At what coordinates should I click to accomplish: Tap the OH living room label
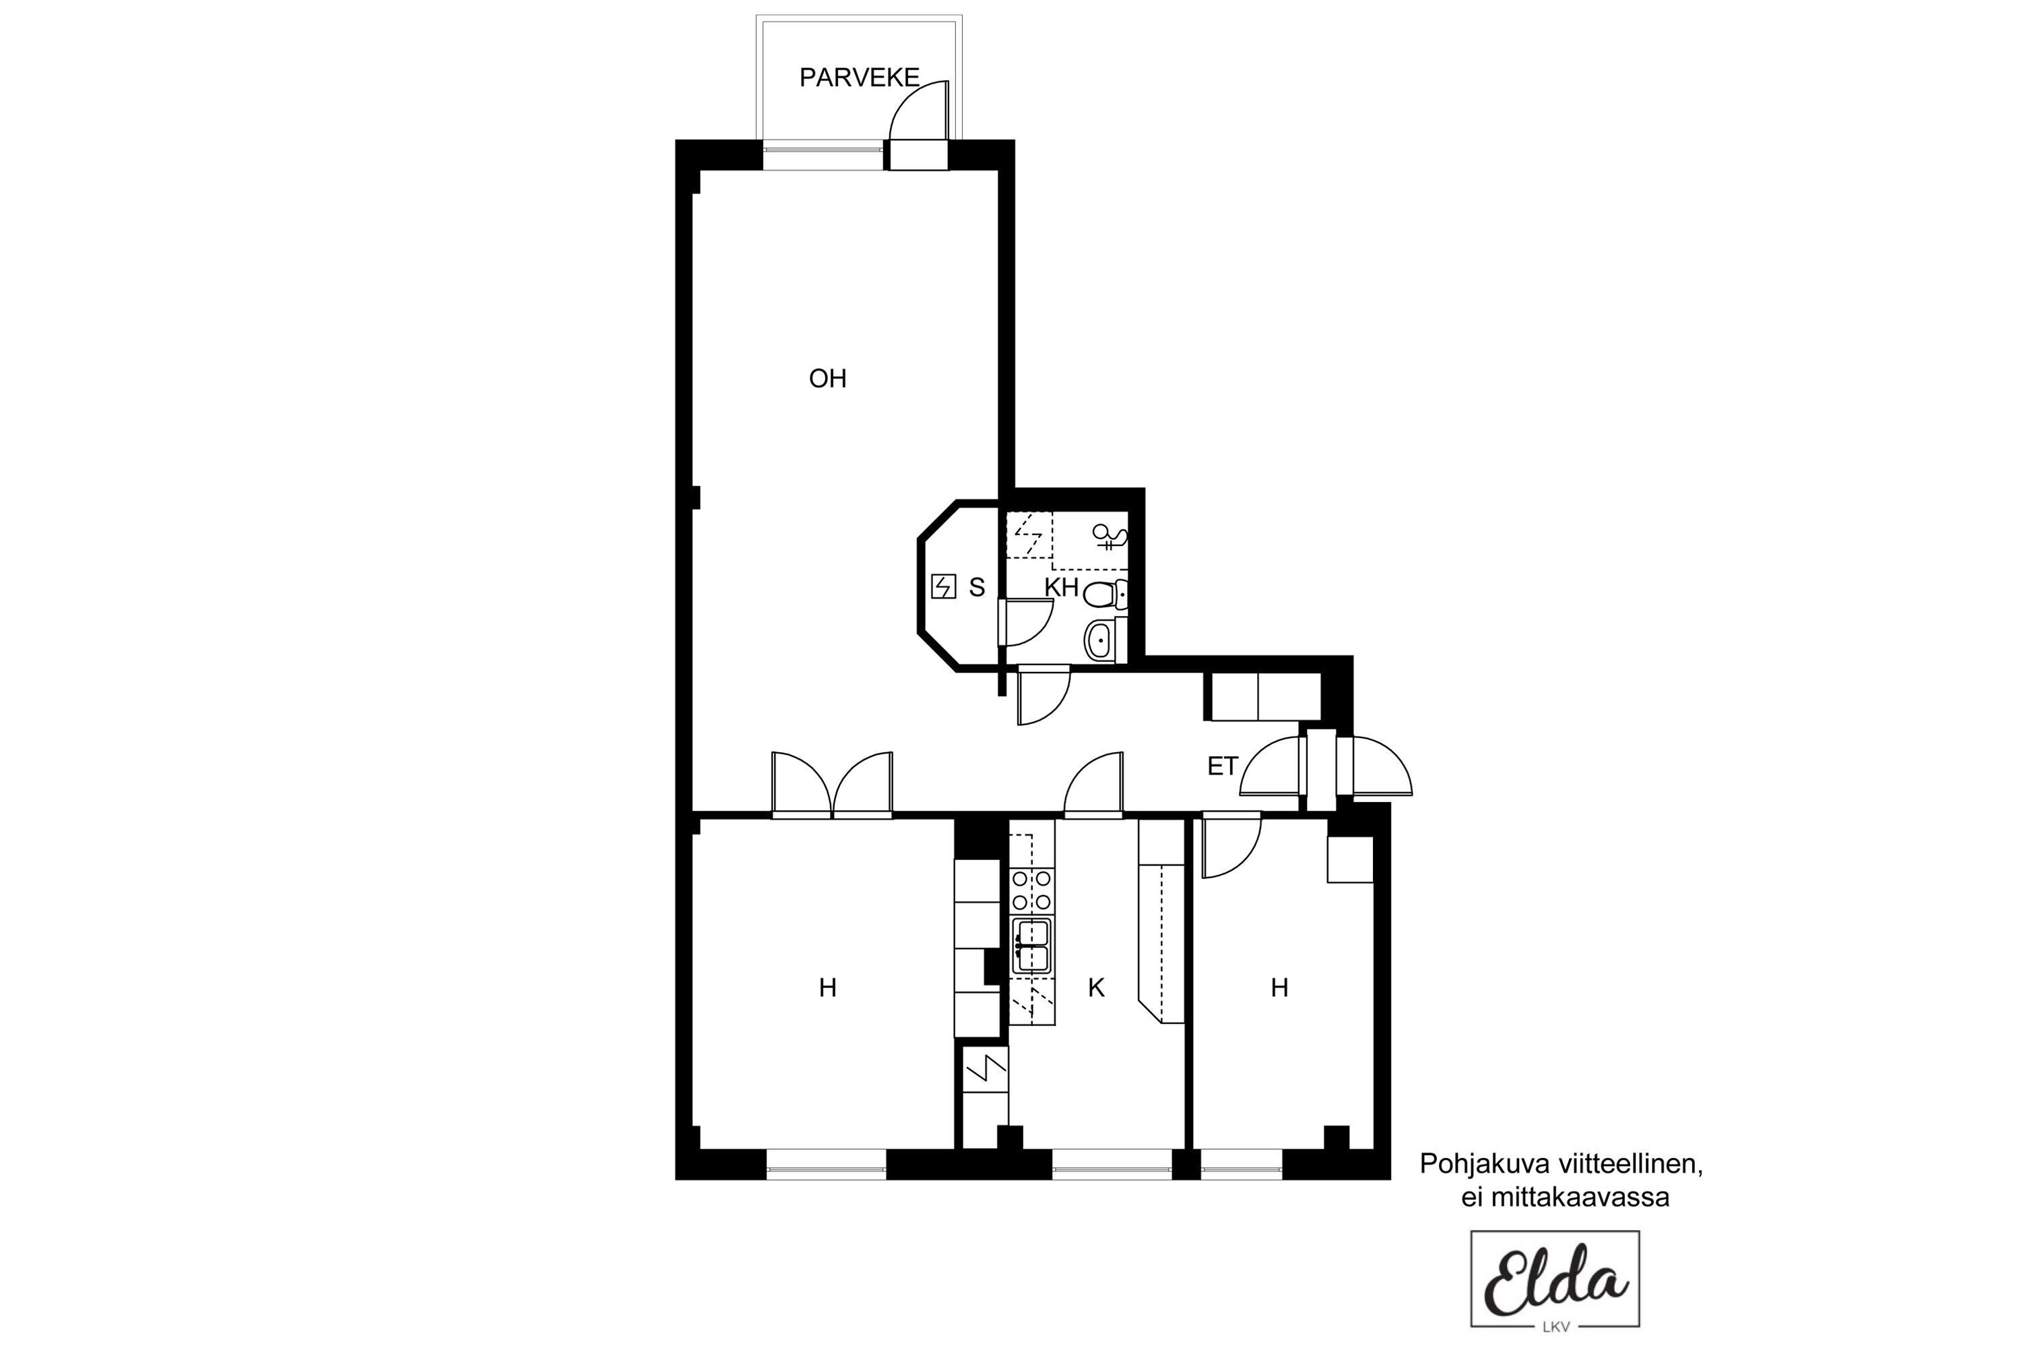point(827,378)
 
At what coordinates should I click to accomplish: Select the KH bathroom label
point(1061,587)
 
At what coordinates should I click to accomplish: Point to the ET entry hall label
point(1222,766)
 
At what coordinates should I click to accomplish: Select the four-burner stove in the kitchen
point(1031,890)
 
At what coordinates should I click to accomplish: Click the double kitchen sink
point(1031,946)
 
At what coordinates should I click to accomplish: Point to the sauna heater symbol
point(944,586)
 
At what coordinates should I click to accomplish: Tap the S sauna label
point(976,587)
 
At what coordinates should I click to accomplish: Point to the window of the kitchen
point(1112,1163)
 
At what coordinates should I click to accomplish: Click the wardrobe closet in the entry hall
point(1261,696)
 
